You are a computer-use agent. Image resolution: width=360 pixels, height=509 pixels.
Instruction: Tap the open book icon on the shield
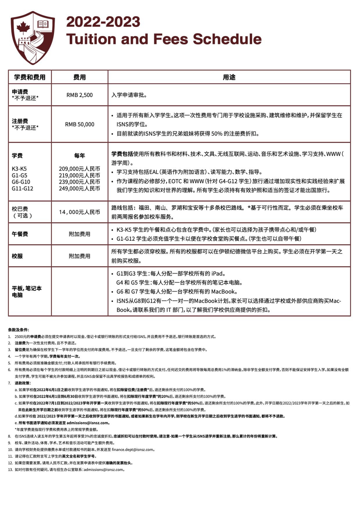(x=43, y=24)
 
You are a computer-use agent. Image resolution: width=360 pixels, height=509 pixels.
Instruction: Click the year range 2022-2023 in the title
(x=103, y=22)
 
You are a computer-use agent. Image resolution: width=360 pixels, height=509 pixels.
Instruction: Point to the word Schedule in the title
(x=227, y=39)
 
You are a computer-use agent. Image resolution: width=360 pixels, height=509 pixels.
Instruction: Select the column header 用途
(x=229, y=77)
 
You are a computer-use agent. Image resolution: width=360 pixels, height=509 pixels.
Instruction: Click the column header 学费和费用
(x=30, y=77)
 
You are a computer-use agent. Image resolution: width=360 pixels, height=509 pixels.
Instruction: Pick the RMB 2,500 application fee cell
(x=79, y=95)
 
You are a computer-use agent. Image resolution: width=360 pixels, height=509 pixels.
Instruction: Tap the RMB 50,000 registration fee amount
(x=79, y=124)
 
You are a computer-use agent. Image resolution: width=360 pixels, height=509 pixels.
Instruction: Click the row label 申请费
(x=20, y=92)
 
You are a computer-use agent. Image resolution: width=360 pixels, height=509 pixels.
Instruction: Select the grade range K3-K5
(x=19, y=169)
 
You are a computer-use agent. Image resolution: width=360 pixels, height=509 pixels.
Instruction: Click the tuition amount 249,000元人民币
(x=79, y=188)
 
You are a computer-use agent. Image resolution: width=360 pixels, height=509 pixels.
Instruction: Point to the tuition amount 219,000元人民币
(x=79, y=175)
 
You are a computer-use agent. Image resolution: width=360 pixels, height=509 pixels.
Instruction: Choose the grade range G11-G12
(x=22, y=188)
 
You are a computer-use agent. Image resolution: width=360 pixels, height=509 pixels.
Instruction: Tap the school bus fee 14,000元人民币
(x=79, y=212)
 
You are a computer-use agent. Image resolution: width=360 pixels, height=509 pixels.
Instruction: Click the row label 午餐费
(x=20, y=234)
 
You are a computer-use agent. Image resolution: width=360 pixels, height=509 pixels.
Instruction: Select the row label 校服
(x=17, y=256)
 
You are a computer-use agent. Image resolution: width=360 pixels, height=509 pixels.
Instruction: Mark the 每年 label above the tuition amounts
(x=79, y=156)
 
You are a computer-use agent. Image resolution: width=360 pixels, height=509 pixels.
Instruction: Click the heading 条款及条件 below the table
(x=18, y=330)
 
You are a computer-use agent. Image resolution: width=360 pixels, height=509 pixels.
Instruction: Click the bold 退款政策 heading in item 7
(x=23, y=383)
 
